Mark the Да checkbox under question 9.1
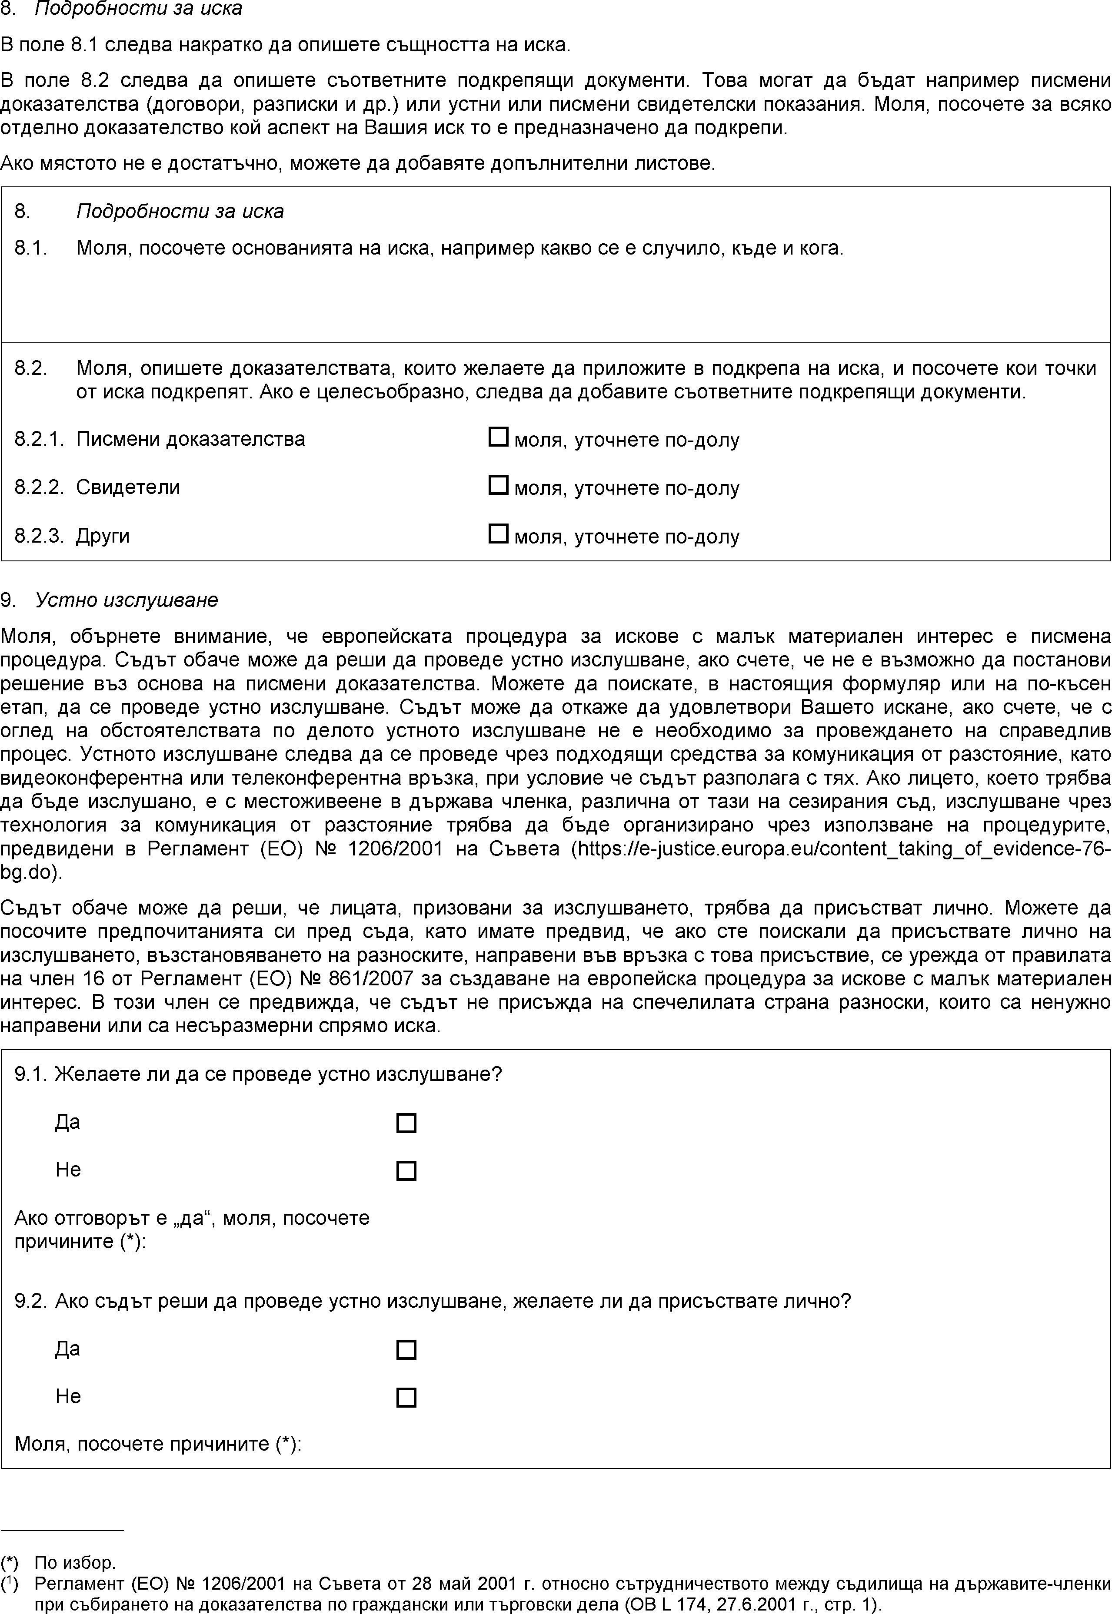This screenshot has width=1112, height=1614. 406,1123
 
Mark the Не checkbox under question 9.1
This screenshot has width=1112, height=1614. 406,1170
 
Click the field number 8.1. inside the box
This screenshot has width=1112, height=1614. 31,248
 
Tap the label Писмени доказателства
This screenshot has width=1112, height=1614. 190,439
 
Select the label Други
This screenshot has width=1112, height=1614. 103,535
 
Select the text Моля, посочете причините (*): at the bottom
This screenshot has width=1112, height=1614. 158,1444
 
